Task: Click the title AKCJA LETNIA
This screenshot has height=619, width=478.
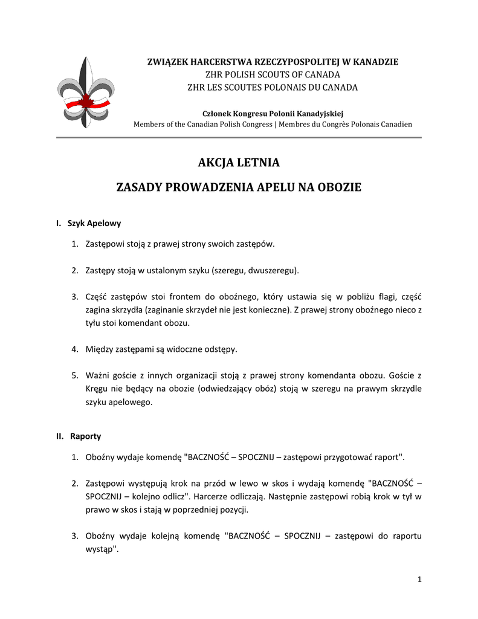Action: (239, 163)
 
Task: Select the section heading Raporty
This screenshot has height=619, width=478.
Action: (86, 435)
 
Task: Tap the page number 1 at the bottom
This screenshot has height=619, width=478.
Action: (419, 580)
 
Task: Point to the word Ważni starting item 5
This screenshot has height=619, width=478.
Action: (98, 375)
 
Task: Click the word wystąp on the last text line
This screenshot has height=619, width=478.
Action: (101, 549)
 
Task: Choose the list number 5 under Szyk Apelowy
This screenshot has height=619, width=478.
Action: (74, 375)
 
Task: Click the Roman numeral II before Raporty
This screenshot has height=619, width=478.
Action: (60, 435)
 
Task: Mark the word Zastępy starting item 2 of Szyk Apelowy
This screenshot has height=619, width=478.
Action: (102, 270)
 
